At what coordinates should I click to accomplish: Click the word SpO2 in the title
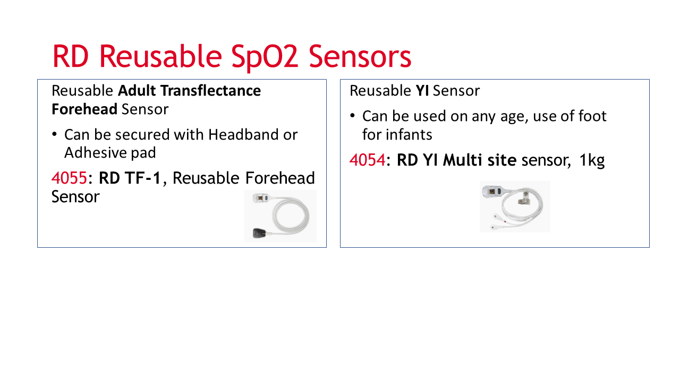coord(265,57)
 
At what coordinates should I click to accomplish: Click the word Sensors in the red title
coord(360,56)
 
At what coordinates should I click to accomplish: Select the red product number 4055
coord(69,178)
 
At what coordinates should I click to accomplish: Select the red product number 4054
coord(367,160)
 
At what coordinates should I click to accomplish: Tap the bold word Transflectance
coord(210,91)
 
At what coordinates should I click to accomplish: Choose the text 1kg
coord(592,161)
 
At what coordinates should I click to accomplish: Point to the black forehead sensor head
coord(259,233)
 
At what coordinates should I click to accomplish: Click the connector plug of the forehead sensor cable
coord(260,198)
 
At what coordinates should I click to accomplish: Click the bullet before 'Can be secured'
coord(54,134)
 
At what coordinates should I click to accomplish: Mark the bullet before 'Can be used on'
coord(352,116)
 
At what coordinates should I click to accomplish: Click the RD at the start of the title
coord(71,57)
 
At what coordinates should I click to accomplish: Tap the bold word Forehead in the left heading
coord(84,109)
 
